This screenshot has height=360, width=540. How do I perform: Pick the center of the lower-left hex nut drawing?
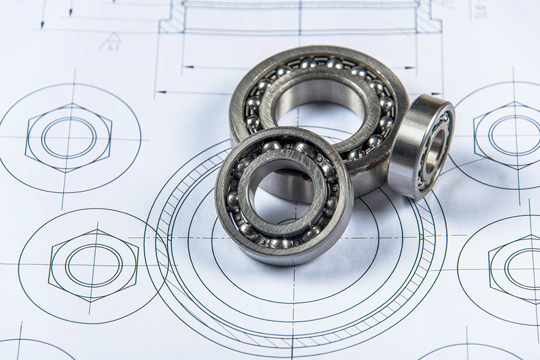point(93,265)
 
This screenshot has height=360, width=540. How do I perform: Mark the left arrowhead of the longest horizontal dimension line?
point(161,92)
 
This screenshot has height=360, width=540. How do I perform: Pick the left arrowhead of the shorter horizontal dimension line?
point(187,67)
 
